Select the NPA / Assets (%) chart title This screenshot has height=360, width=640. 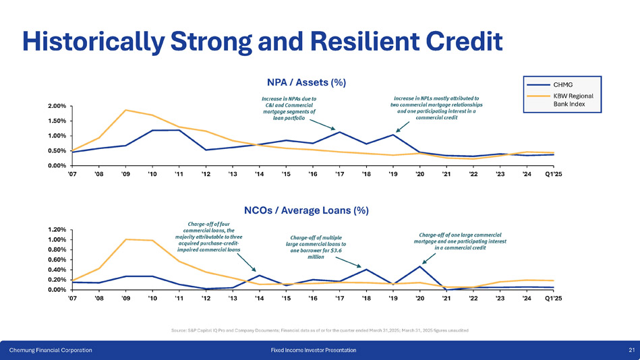tap(307, 82)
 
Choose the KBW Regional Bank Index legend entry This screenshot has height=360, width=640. tap(573, 100)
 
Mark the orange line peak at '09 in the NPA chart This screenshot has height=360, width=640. tap(125, 110)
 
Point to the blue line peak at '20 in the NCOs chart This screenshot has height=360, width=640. tap(419, 266)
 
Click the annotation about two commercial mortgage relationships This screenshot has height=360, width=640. tap(436, 107)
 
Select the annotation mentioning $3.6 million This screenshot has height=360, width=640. tap(316, 247)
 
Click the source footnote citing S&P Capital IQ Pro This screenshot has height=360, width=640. tap(320, 330)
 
